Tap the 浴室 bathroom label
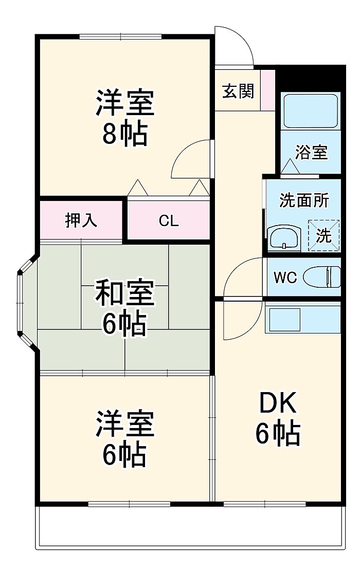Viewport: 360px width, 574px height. pyautogui.click(x=312, y=152)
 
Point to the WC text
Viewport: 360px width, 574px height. pyautogui.click(x=285, y=278)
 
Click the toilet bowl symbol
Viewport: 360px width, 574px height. pyautogui.click(x=322, y=277)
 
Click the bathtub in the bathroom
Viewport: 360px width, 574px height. pyautogui.click(x=311, y=110)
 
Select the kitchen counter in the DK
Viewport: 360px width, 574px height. pyautogui.click(x=303, y=319)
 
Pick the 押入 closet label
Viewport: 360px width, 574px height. pyautogui.click(x=81, y=220)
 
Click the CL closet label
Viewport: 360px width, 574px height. pyautogui.click(x=169, y=221)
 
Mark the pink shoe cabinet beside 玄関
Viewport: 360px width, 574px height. pyautogui.click(x=268, y=89)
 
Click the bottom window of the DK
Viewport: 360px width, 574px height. pyautogui.click(x=264, y=504)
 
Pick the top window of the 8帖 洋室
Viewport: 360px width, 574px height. pyautogui.click(x=121, y=36)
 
